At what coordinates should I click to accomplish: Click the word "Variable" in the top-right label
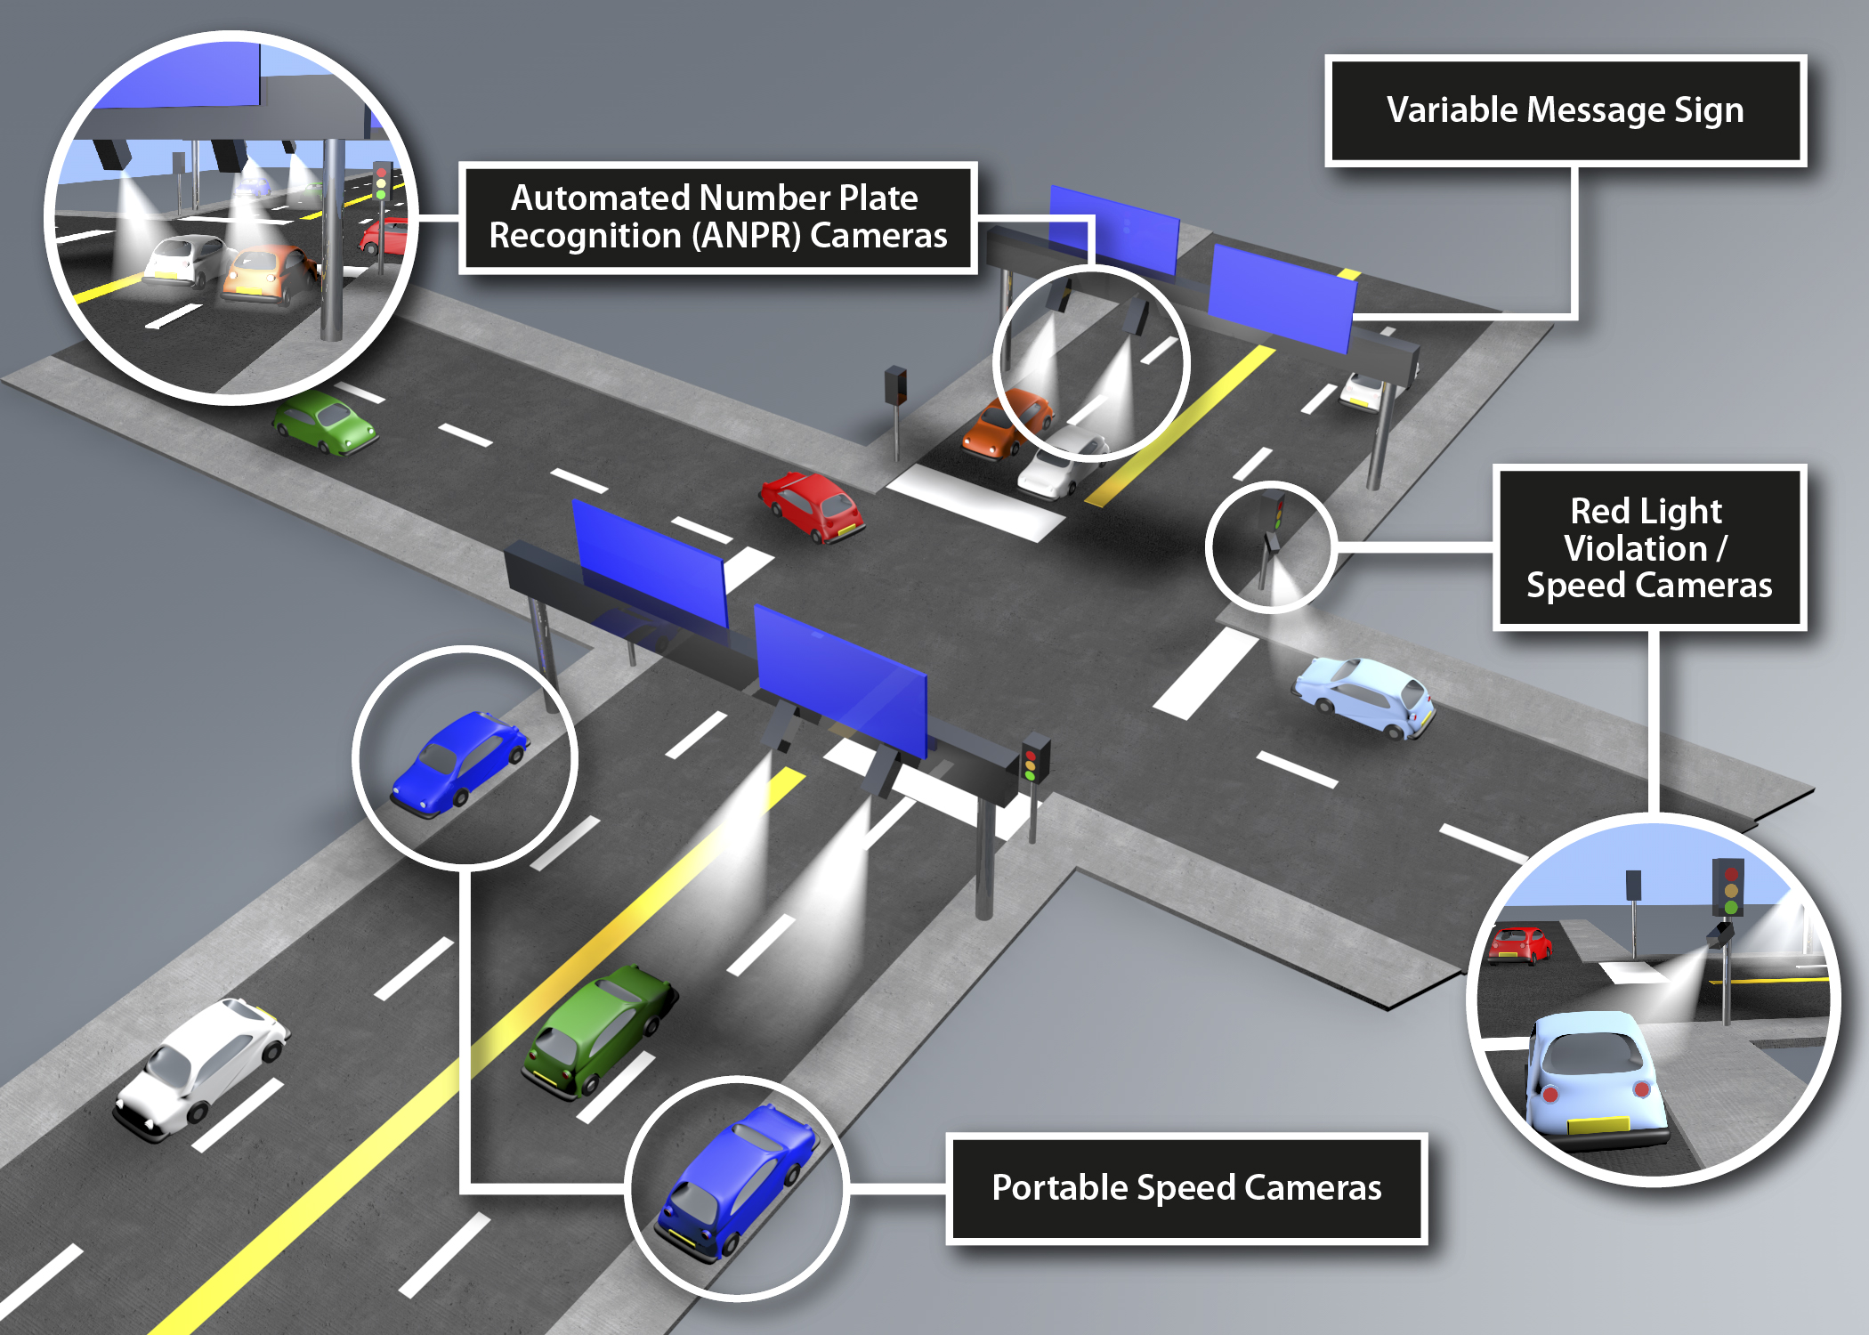[1452, 110]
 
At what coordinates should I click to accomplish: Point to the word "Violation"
[1636, 548]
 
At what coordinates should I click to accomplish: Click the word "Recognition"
[585, 236]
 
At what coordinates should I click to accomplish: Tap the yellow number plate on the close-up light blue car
[1598, 1125]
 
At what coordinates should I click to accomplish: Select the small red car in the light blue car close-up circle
[1520, 943]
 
